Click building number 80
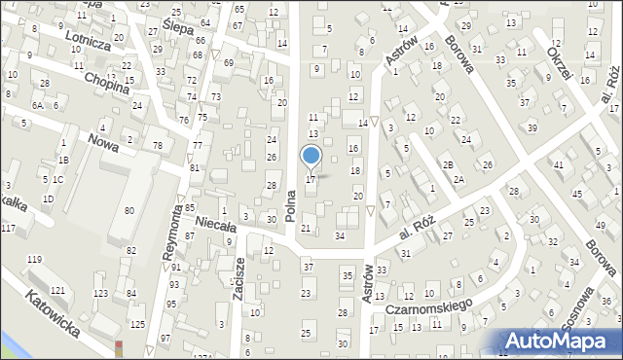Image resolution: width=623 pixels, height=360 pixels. pos(129,210)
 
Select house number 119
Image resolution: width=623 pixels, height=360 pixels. pos(35,259)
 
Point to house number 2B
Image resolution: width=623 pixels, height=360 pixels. pos(449,165)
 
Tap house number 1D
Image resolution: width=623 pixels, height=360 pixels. pos(48,199)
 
